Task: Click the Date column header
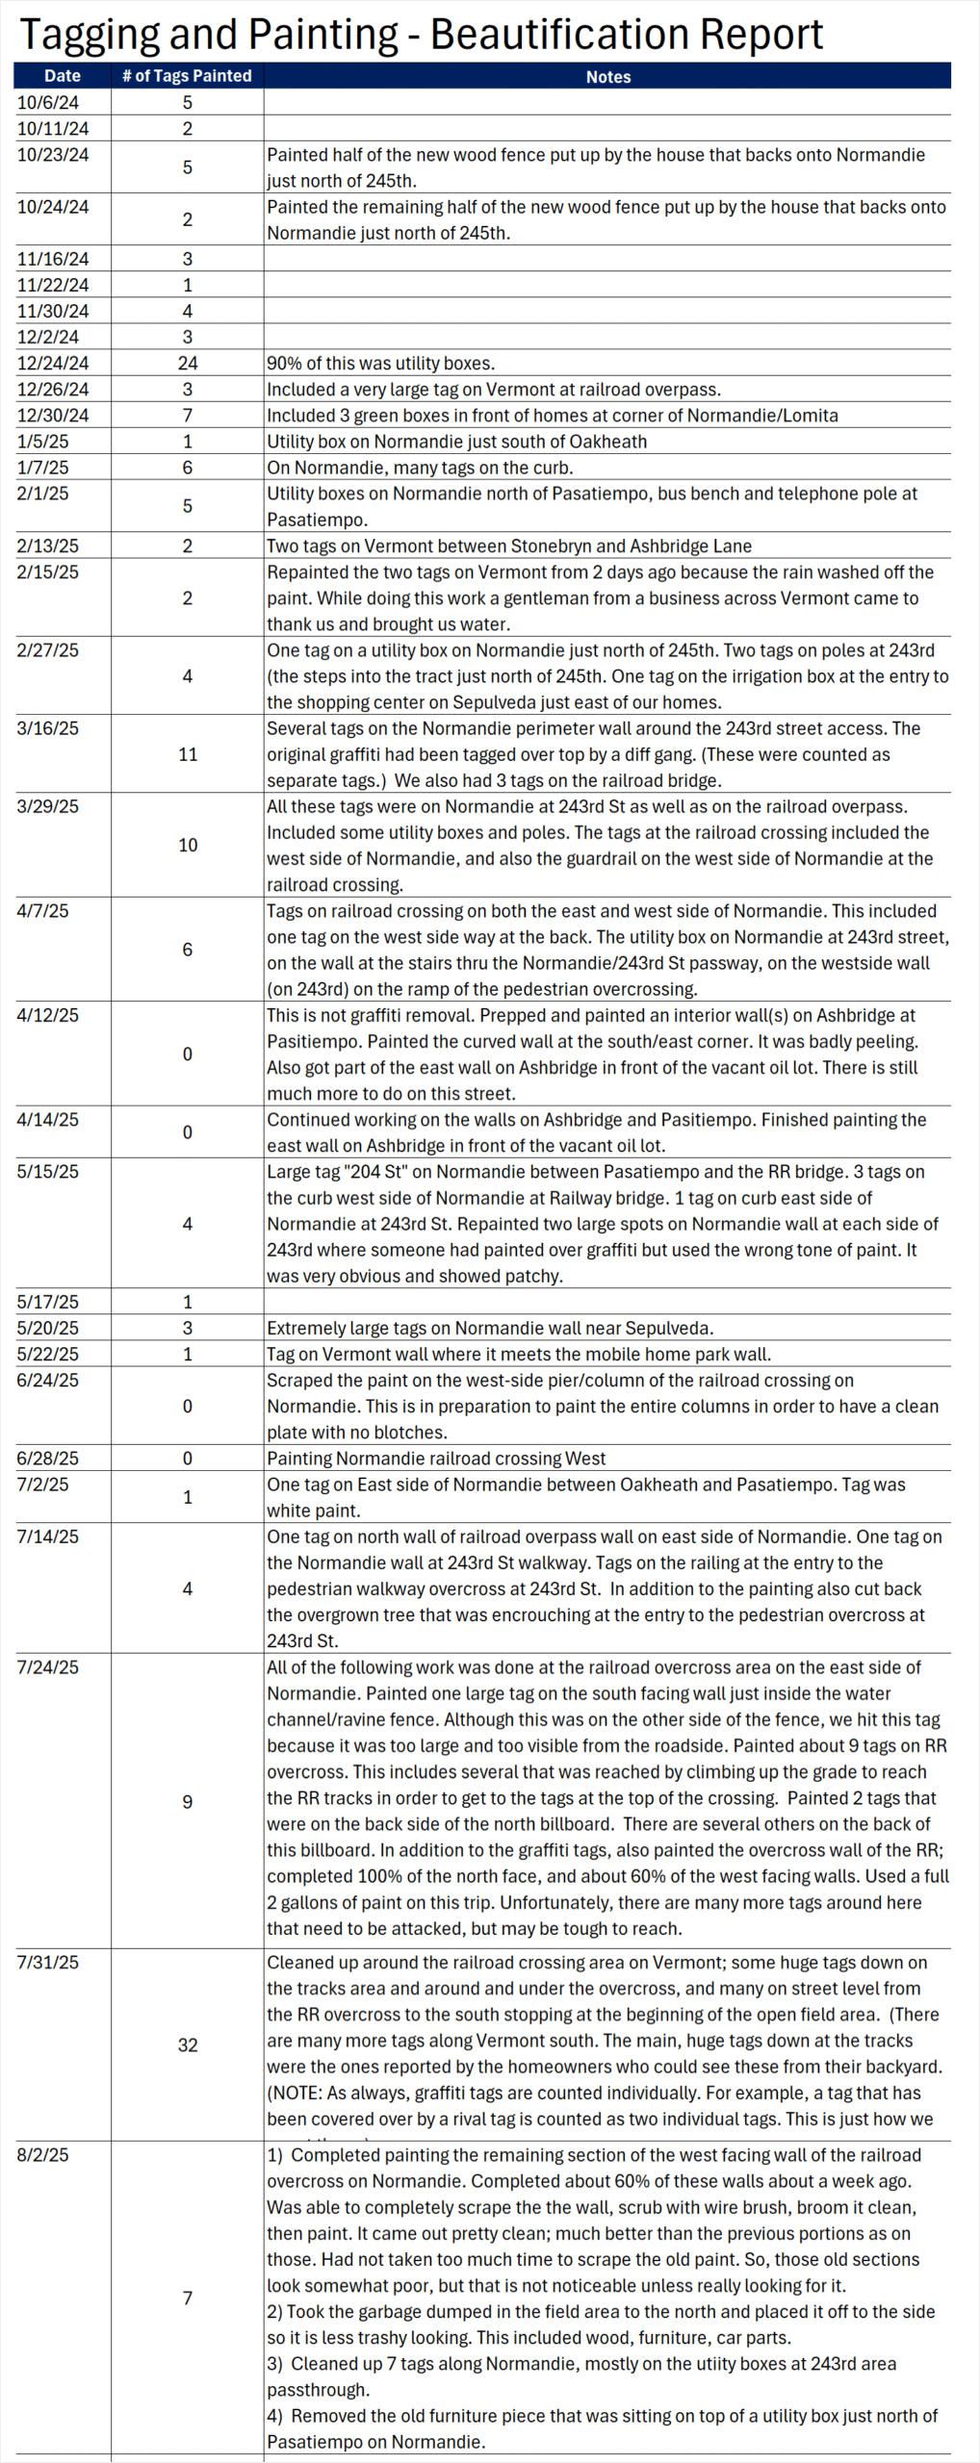point(63,76)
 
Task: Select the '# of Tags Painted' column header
point(187,76)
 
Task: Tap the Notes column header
point(608,77)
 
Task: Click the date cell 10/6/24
point(48,103)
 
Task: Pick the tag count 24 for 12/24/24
point(188,364)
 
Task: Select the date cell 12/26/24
point(53,390)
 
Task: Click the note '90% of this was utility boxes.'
point(381,364)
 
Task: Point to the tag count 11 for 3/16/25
point(188,754)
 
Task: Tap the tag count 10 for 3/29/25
point(188,845)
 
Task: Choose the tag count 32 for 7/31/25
point(188,2044)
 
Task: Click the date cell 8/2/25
point(42,2155)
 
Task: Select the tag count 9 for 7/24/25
point(188,1801)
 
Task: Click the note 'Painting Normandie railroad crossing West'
point(436,1459)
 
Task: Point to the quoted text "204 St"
point(376,1172)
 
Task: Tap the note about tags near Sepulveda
point(490,1328)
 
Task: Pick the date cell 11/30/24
point(53,312)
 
